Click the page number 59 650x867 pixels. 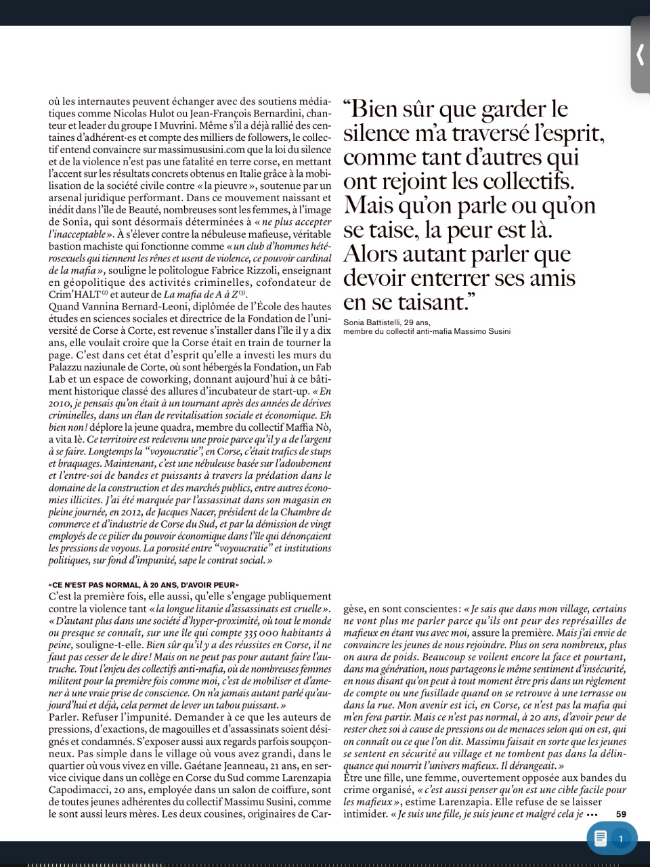(621, 814)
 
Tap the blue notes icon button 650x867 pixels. (600, 839)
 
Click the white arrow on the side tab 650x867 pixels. (640, 54)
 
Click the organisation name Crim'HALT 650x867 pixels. (74, 295)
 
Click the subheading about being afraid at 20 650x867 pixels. (144, 585)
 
